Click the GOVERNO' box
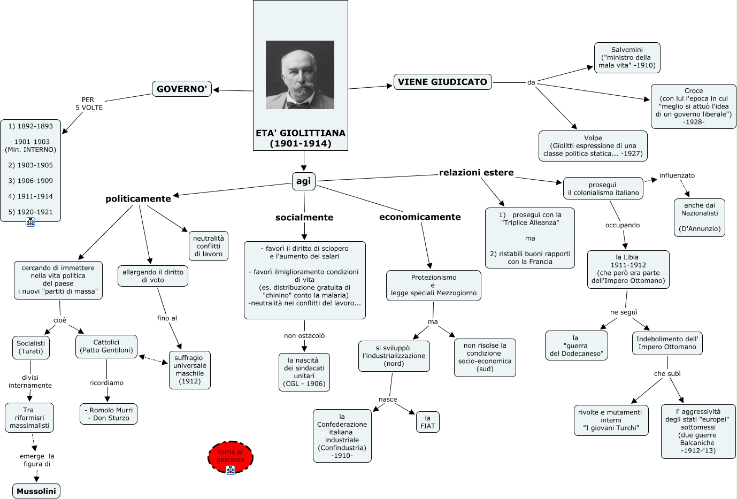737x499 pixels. [x=182, y=89]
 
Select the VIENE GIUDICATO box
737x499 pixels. [x=442, y=82]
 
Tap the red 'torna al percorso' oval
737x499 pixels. [x=231, y=457]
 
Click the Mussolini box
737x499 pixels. [x=36, y=491]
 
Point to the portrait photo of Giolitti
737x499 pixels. [x=300, y=75]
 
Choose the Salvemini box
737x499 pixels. [x=627, y=58]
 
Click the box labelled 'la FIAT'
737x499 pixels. [x=427, y=422]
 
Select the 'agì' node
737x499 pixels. [x=303, y=181]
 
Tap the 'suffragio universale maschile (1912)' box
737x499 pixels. [x=189, y=370]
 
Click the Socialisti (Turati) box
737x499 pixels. [x=30, y=347]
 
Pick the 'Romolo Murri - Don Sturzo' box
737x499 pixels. [x=109, y=414]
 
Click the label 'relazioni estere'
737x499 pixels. [x=476, y=173]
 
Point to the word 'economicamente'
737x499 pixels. [x=420, y=217]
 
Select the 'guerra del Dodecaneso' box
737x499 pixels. [x=576, y=346]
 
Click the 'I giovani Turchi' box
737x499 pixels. [x=611, y=420]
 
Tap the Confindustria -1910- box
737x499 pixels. [x=342, y=436]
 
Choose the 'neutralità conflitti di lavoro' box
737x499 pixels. [x=209, y=246]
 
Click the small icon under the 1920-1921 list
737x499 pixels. [x=30, y=222]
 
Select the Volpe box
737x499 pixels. [x=593, y=145]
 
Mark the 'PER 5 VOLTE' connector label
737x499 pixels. [x=89, y=104]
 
